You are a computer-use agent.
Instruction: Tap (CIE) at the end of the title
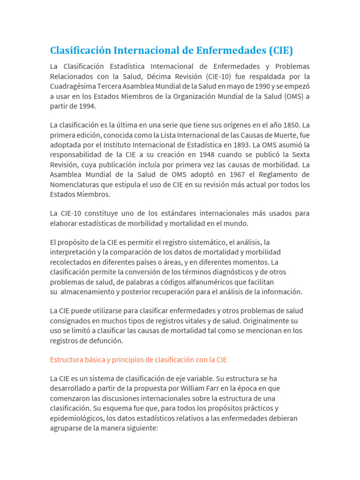[280, 50]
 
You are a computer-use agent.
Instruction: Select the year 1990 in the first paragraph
[250, 86]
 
